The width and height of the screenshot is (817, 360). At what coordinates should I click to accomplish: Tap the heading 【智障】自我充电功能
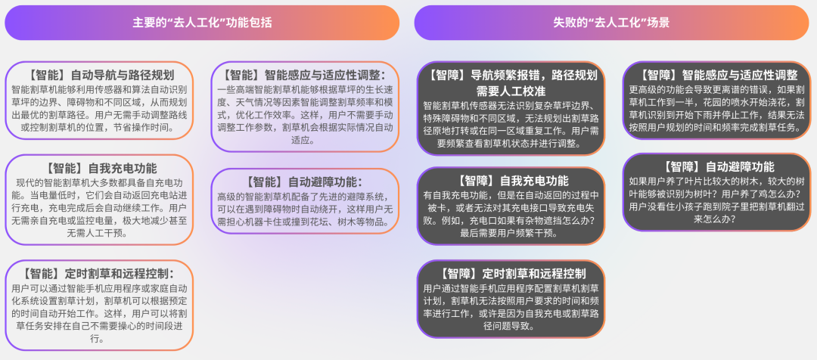tap(511, 181)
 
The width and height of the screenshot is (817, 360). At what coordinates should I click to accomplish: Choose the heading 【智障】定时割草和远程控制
tap(511, 273)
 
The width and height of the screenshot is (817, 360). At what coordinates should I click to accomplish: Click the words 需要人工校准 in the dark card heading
tap(511, 91)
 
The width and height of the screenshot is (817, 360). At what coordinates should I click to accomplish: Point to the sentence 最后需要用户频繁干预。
tap(511, 233)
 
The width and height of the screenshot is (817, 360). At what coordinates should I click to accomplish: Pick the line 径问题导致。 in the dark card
tap(511, 327)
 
